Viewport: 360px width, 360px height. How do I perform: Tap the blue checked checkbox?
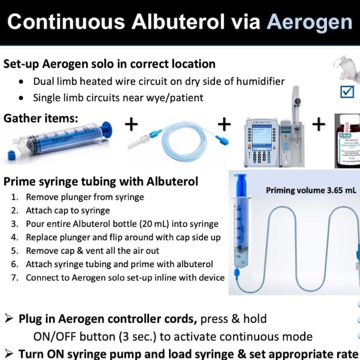[x=347, y=91]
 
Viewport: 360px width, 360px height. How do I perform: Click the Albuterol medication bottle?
[x=346, y=140]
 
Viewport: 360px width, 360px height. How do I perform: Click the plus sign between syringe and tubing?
[x=131, y=125]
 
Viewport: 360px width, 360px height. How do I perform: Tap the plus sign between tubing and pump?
[x=224, y=124]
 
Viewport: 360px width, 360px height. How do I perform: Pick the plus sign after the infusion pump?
[x=319, y=124]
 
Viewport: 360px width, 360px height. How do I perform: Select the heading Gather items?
[x=41, y=118]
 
